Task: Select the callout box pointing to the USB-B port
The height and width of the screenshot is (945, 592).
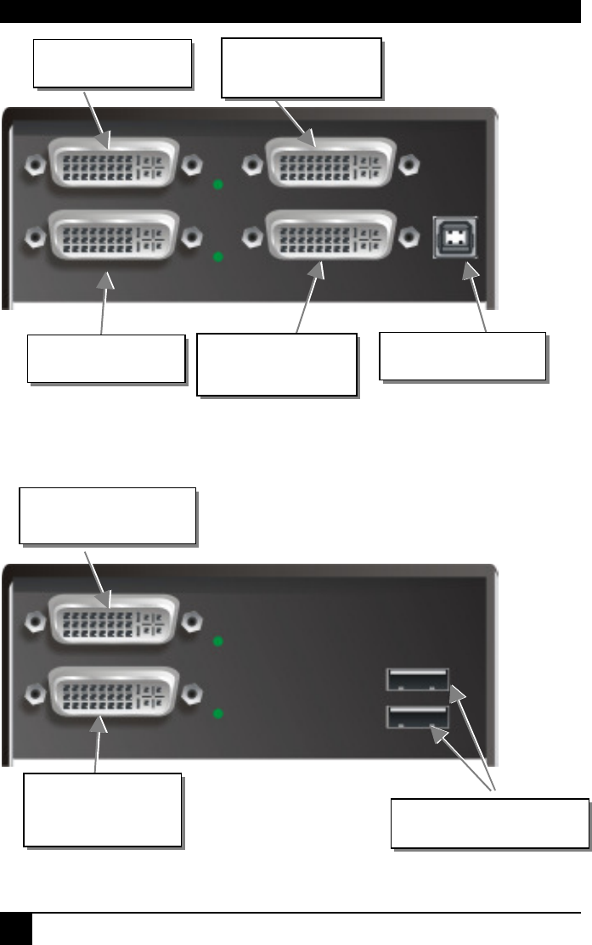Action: [x=461, y=356]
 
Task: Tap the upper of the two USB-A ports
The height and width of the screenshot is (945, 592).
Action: [x=417, y=680]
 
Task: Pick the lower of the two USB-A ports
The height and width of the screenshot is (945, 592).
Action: [x=417, y=718]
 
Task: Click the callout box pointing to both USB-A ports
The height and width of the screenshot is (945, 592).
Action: [x=489, y=823]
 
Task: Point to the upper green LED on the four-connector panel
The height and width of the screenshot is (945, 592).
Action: [x=218, y=183]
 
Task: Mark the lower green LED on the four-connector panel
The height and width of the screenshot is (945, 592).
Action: [x=218, y=256]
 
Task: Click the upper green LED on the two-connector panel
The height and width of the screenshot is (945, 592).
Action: [x=218, y=641]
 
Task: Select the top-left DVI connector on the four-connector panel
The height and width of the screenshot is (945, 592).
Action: [x=115, y=165]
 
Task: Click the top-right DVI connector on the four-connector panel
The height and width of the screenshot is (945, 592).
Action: [x=330, y=165]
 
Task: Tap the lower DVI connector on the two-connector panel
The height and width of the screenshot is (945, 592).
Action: [x=115, y=692]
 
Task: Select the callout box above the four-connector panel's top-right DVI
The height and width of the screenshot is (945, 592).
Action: [x=301, y=67]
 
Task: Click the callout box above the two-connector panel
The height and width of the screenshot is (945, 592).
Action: [x=107, y=515]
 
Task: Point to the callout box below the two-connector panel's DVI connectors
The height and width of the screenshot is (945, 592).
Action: [x=102, y=809]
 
